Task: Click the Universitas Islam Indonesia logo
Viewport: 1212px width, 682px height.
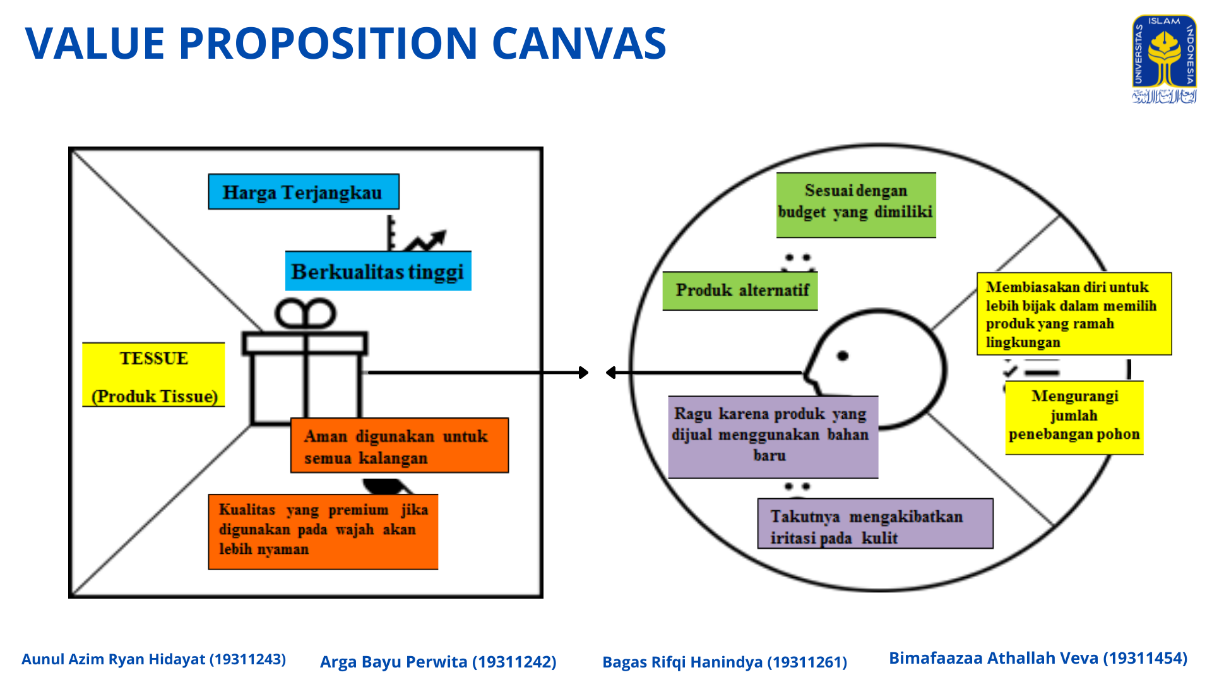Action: (1164, 59)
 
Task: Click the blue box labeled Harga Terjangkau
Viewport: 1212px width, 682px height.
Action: (304, 191)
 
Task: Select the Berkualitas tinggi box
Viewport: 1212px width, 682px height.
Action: (378, 271)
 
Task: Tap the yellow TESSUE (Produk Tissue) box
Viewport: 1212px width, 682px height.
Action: (153, 375)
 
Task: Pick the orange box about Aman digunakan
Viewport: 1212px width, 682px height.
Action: (400, 445)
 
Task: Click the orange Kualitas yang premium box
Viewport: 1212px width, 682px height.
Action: (323, 532)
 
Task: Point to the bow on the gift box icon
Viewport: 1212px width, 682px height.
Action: (306, 313)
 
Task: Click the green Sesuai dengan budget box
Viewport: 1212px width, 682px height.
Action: (856, 205)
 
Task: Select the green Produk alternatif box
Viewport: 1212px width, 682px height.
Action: (740, 291)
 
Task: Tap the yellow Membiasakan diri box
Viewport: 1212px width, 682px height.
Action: (1074, 314)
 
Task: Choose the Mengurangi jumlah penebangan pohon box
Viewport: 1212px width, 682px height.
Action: (1074, 417)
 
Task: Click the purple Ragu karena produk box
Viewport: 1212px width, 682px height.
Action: (773, 437)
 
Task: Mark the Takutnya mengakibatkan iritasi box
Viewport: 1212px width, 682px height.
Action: (876, 523)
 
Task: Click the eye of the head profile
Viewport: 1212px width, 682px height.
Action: (843, 356)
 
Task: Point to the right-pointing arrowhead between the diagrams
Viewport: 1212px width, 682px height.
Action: (584, 373)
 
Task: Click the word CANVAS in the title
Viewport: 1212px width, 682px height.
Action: (579, 44)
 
